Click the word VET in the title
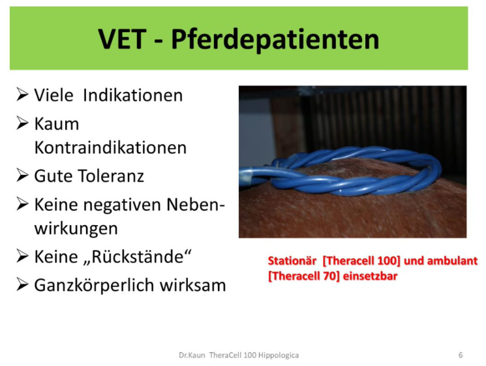122,39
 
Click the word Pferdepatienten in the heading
275,40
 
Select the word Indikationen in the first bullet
133,95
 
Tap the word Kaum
57,124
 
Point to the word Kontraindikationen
110,147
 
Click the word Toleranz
111,176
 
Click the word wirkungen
76,229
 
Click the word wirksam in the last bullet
193,285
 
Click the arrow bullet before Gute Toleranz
22,175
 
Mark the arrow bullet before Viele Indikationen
22,95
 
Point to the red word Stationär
292,261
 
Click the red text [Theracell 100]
361,261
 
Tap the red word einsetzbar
370,276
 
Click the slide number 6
461,355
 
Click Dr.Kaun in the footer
192,355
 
